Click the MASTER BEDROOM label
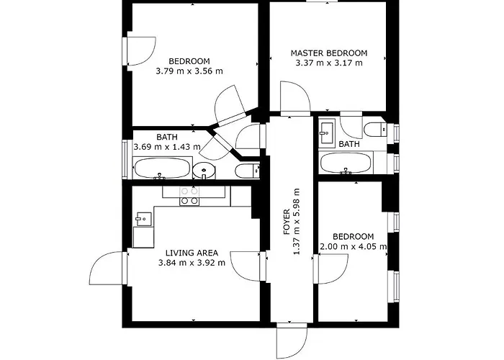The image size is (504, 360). (x=328, y=53)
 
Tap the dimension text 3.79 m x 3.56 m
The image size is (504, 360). (x=189, y=71)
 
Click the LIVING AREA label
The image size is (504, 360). (x=192, y=253)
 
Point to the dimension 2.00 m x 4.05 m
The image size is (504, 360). (x=353, y=247)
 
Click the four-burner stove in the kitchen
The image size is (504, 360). (x=189, y=196)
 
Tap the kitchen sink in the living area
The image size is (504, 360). (x=143, y=217)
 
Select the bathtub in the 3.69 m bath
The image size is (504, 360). (x=162, y=170)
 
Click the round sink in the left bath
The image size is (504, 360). (x=204, y=171)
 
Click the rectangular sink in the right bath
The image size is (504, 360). (x=326, y=130)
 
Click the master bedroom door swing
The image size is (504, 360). (x=294, y=98)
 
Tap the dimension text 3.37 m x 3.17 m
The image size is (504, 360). (x=328, y=63)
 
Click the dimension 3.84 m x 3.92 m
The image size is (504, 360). (x=192, y=263)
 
